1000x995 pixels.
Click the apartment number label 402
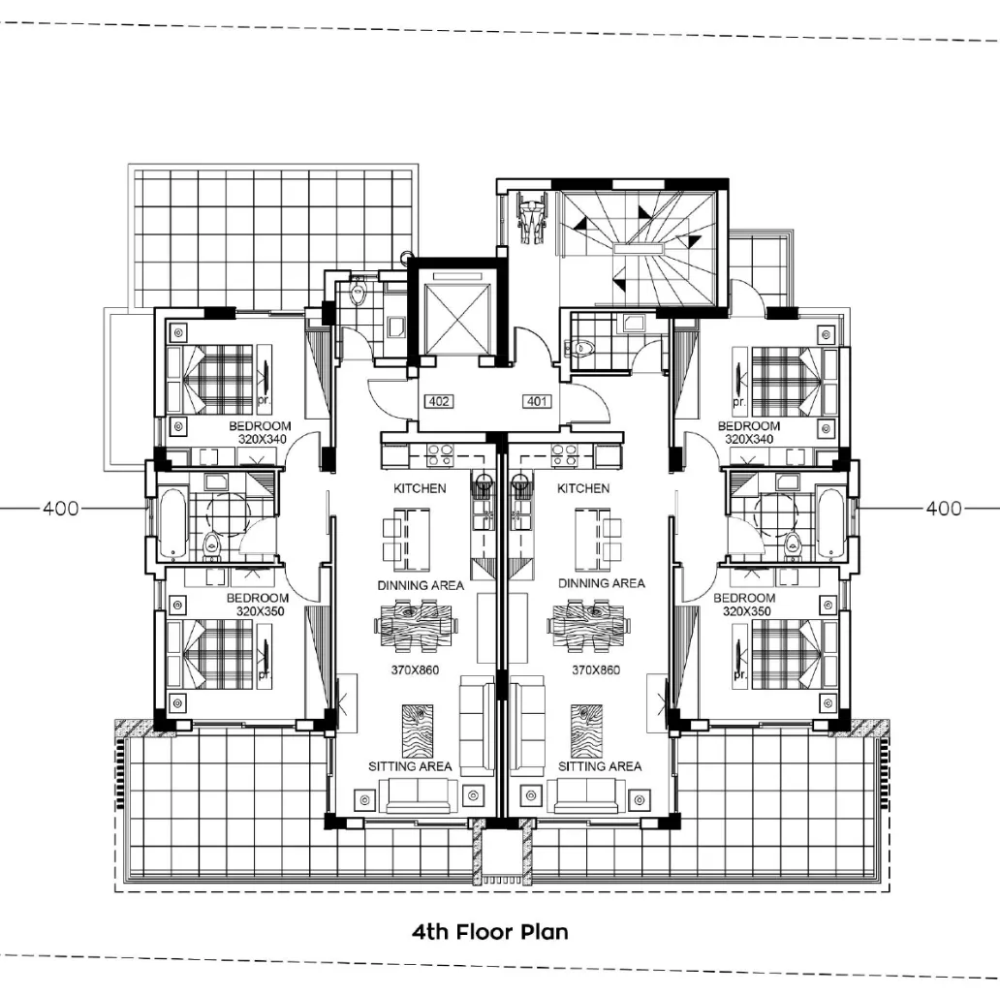click(439, 400)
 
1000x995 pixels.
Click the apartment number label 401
click(537, 400)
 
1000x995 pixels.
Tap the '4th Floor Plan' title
click(490, 932)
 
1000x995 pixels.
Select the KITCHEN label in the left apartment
click(420, 488)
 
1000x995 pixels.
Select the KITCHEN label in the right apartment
click(583, 488)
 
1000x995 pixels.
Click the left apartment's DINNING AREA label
click(421, 585)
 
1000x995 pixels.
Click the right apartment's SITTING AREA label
click(600, 766)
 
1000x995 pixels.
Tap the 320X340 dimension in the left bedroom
click(264, 439)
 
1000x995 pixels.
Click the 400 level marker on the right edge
click(944, 508)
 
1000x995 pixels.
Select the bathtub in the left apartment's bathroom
click(173, 523)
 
